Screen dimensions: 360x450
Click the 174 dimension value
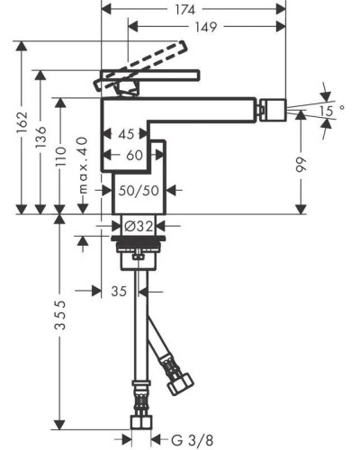tap(185, 10)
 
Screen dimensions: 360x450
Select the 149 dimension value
tap(206, 27)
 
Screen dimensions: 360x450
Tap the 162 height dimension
tap(22, 123)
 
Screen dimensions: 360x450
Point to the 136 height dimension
tap(40, 137)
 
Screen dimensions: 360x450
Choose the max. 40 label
tap(83, 166)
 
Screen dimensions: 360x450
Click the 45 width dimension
tap(126, 134)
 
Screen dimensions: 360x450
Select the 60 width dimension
tap(134, 155)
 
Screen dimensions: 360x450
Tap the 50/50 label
tap(139, 191)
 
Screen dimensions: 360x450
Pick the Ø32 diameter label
tap(139, 226)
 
